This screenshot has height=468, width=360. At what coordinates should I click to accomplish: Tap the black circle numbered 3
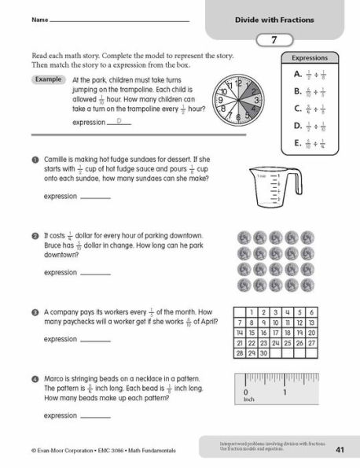(36, 311)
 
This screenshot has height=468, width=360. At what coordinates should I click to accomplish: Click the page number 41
(340, 450)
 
